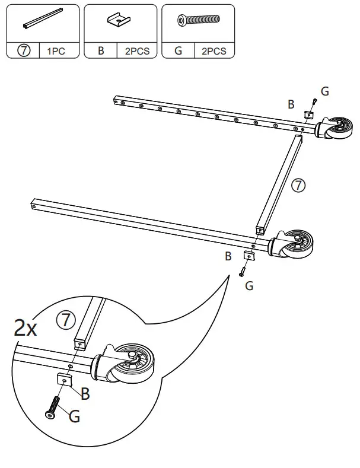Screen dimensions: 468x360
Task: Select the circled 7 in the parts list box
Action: point(24,51)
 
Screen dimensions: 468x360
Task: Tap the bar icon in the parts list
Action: point(42,22)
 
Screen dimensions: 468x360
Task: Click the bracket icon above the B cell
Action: point(120,21)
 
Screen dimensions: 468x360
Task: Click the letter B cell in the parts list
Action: point(101,51)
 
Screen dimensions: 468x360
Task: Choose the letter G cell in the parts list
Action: point(178,51)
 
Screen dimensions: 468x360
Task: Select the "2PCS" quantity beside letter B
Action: point(137,51)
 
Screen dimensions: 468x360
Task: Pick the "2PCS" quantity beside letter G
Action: point(214,51)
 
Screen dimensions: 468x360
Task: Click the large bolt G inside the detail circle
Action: point(52,409)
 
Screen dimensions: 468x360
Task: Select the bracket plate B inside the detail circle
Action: point(65,380)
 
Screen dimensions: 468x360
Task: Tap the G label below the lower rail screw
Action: point(249,286)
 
